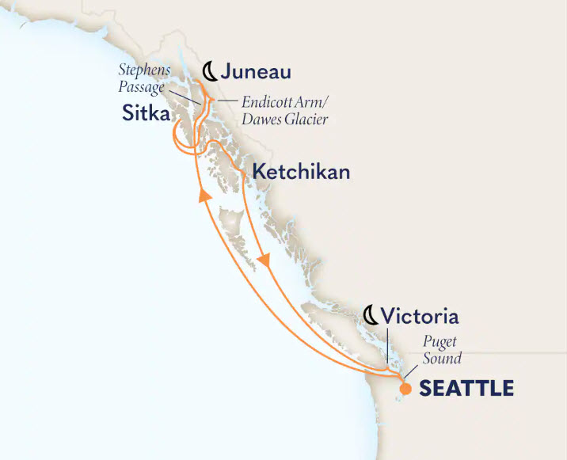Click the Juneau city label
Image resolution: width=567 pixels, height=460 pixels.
point(255,72)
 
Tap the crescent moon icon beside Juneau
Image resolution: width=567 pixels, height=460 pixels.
point(207,71)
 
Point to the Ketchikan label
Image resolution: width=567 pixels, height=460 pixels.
point(301,172)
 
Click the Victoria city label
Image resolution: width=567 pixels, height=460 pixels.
point(419,317)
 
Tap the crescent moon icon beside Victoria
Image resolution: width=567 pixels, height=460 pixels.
point(371,317)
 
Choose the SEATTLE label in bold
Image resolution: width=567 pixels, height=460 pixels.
point(466,389)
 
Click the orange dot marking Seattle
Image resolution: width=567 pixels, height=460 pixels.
point(405,389)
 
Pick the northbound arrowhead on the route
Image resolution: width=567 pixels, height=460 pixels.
point(204,196)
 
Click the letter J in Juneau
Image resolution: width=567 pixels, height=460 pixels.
point(228,72)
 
